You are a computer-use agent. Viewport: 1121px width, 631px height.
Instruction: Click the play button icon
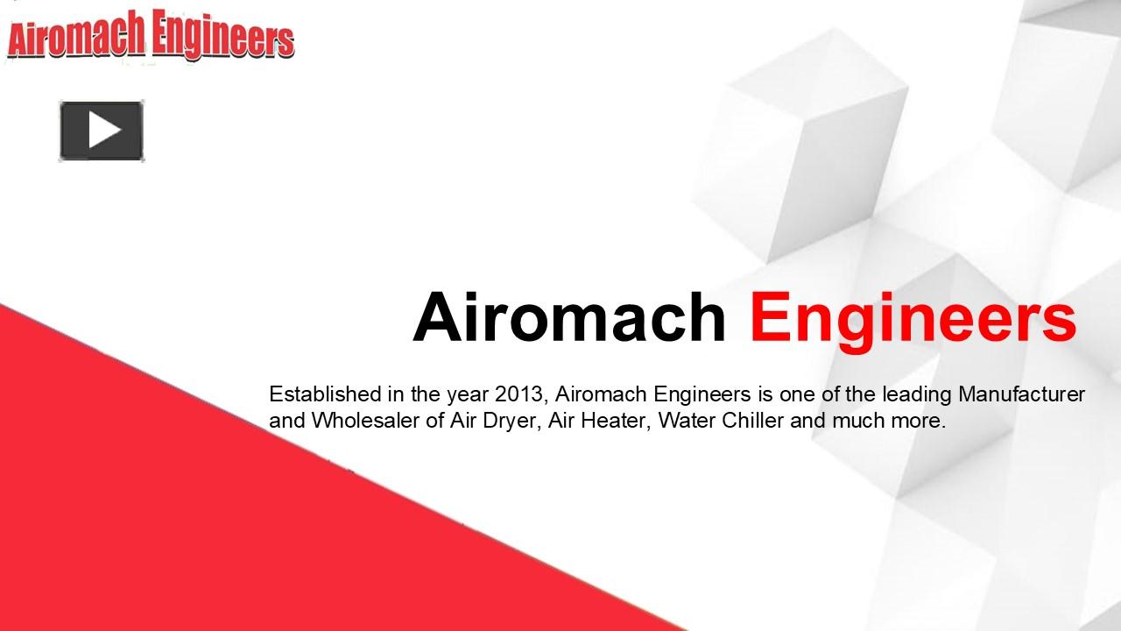tap(102, 131)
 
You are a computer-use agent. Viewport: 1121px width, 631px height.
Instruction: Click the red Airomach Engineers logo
tap(150, 36)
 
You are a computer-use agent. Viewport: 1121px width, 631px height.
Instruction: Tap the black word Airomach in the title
tap(569, 317)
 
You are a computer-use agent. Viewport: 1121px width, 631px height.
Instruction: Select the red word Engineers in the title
tap(913, 319)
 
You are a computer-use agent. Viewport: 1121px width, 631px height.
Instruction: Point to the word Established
tap(325, 394)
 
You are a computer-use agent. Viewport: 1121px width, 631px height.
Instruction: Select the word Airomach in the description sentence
tap(602, 394)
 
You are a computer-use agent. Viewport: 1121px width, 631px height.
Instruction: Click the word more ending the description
tap(917, 422)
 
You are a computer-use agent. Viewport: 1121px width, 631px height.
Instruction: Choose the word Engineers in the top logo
tap(222, 37)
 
